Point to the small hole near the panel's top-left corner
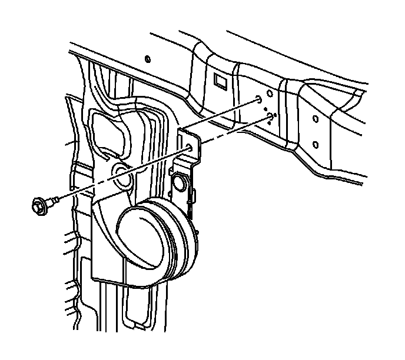[x=147, y=59]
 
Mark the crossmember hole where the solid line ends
[x=259, y=101]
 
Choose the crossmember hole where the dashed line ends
[x=271, y=116]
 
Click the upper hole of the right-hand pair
[x=316, y=119]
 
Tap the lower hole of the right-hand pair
[x=316, y=144]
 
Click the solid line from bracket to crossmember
[x=224, y=116]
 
